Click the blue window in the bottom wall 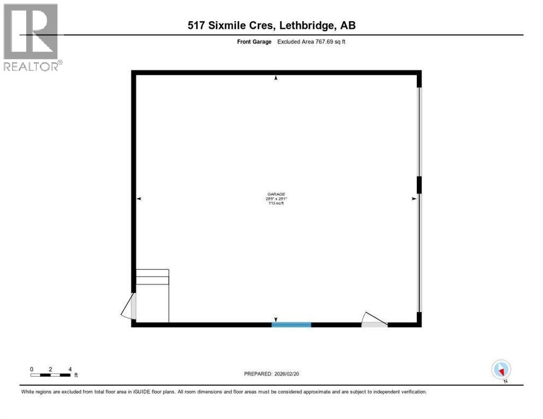[291, 325]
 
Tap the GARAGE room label [276, 194]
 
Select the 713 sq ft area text [276, 203]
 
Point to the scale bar [50, 375]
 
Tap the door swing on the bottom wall [374, 320]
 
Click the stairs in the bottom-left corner [152, 295]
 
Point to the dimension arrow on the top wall [276, 79]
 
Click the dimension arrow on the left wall [139, 199]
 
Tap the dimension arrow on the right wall [414, 199]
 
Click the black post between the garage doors [419, 185]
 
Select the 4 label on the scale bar [70, 369]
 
